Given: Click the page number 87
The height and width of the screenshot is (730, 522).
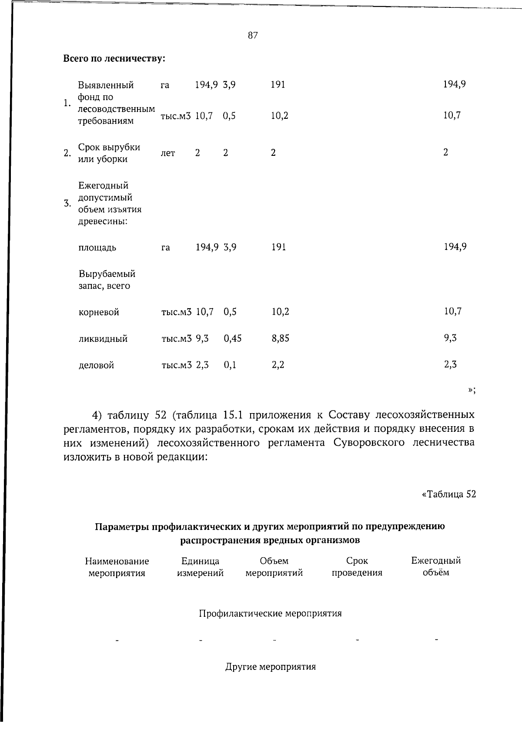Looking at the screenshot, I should point(253,36).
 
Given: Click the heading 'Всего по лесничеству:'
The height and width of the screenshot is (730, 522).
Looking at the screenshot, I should point(114,58).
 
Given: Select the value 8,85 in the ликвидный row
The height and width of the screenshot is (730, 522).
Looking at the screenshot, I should point(280,338).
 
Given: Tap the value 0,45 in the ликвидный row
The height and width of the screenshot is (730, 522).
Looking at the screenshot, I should point(232,338).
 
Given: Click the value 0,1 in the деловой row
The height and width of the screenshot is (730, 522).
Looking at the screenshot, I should point(230,365).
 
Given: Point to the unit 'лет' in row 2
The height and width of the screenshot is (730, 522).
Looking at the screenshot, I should point(168,153).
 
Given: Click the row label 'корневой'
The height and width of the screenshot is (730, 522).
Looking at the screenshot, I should point(99,312).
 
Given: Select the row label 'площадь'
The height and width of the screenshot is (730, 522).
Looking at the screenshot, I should point(97,248).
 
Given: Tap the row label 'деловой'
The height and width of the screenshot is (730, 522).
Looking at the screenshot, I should point(96,365).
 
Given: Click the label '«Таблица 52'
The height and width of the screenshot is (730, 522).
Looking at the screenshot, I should point(448,494).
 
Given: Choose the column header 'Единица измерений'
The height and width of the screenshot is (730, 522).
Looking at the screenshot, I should point(200,567).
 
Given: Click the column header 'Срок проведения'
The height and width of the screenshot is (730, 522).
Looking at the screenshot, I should point(357,567).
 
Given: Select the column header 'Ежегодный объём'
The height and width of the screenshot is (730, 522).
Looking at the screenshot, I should point(436,566).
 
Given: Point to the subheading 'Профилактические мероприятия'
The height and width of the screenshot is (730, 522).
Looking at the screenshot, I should point(270,613).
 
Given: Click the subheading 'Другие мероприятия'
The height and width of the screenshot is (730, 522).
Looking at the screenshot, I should point(270,666).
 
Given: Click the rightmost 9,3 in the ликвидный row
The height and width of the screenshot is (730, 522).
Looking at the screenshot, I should point(450,338).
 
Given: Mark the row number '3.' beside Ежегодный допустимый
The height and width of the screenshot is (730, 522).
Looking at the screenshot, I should point(67,203).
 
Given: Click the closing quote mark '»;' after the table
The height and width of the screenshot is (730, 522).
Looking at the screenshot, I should point(472,390).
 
